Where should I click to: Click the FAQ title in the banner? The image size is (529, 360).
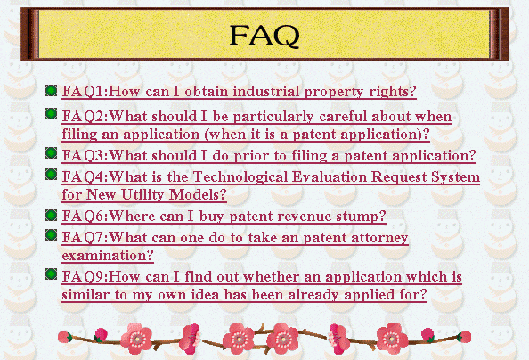(264, 36)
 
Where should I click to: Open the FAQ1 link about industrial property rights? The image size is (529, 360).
(240, 92)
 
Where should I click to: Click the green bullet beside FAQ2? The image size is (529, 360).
(52, 114)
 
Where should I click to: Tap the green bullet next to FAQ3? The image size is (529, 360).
(52, 153)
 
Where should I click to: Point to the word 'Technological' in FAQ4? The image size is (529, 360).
(240, 177)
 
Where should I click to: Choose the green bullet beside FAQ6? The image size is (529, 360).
(52, 215)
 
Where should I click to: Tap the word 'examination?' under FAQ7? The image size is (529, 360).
(108, 256)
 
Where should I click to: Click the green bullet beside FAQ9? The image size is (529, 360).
(52, 274)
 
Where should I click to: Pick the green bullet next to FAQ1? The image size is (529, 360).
(52, 91)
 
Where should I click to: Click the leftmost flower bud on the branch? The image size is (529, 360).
(64, 337)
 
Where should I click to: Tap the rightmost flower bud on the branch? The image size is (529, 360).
(465, 337)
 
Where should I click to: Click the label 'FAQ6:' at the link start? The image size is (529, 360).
(85, 217)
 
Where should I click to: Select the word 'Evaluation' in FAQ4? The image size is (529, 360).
(330, 177)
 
